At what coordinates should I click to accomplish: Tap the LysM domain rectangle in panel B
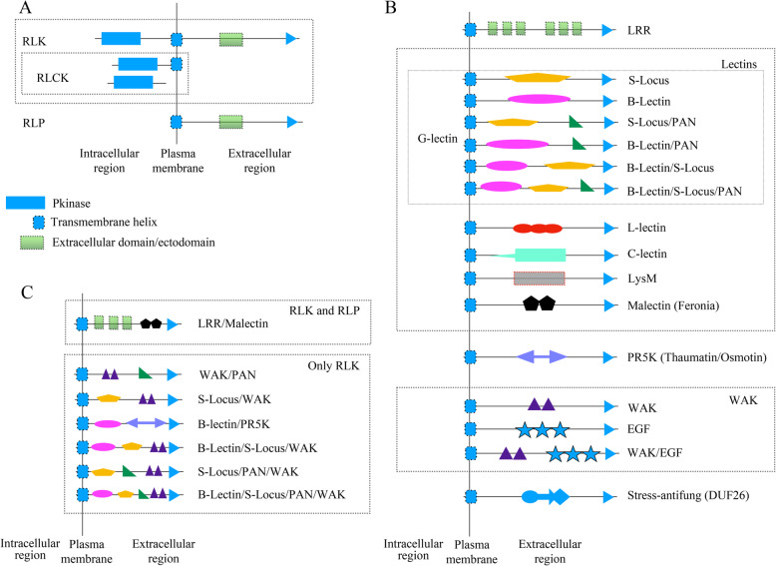(539, 279)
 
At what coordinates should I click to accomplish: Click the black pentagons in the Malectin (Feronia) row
(539, 303)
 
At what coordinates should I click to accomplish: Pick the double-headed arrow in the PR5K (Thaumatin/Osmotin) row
(541, 355)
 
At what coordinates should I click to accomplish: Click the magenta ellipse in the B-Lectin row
(540, 99)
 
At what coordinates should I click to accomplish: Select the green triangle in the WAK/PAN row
(145, 373)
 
